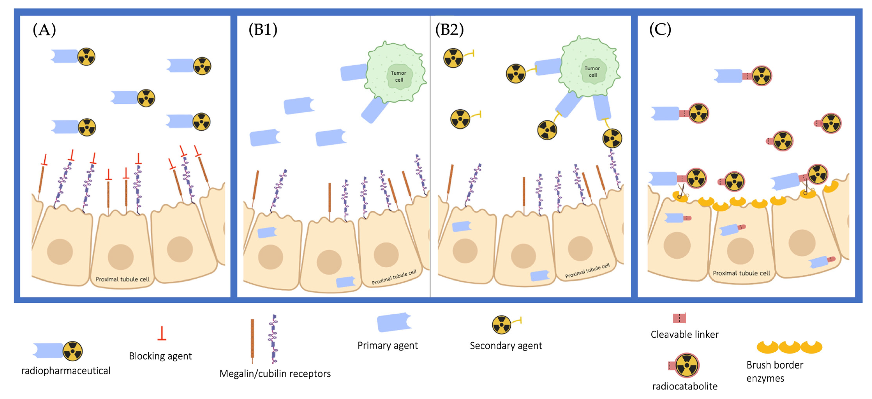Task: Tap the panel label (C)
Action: tap(660, 30)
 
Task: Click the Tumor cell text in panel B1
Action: tap(398, 76)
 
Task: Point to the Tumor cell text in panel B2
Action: tap(592, 71)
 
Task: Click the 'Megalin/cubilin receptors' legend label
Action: tap(275, 374)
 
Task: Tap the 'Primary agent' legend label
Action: tap(388, 346)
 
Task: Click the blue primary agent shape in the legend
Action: tap(394, 322)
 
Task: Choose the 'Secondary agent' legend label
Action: tap(506, 346)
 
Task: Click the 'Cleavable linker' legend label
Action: tap(684, 335)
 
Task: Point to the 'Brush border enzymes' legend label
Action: tap(775, 372)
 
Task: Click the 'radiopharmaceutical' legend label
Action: tap(66, 371)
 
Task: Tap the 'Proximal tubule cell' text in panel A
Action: tap(122, 279)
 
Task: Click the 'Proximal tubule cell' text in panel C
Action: tap(741, 273)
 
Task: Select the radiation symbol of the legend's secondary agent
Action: tap(501, 325)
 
